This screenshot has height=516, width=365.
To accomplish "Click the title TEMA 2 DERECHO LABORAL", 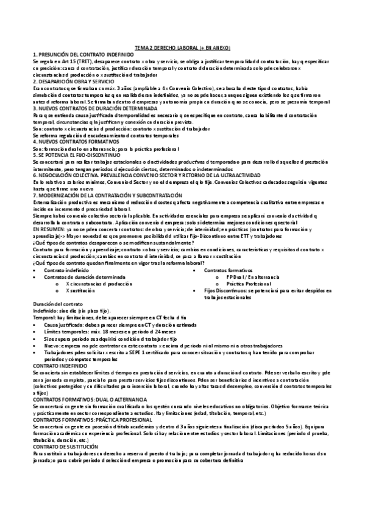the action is point(182,48).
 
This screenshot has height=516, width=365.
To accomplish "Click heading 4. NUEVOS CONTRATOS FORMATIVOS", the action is point(71,141).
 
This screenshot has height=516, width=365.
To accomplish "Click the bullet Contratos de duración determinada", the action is point(82,276).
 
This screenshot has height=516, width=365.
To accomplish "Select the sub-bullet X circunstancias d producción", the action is point(98,284).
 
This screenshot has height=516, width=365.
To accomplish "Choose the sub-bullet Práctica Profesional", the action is point(249,284).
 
